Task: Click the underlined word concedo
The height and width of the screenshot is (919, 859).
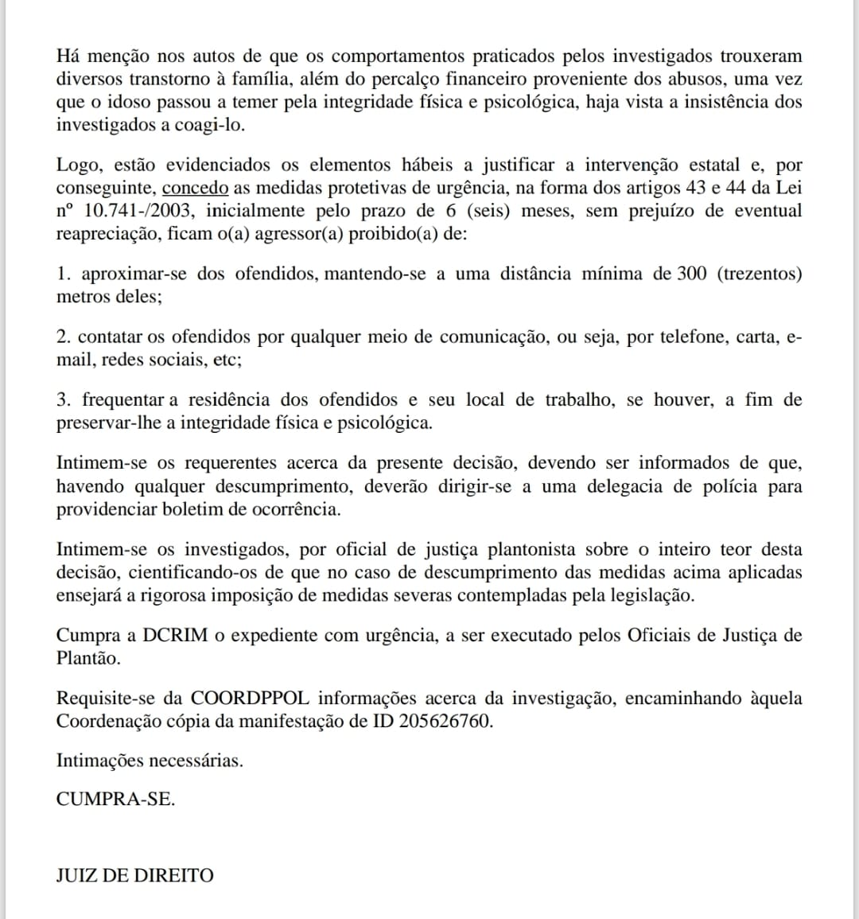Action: pos(195,189)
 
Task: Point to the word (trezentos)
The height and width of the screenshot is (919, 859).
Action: pos(760,275)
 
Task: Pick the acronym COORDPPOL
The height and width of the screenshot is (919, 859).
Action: pos(251,699)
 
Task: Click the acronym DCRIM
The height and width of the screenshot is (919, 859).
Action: pos(176,636)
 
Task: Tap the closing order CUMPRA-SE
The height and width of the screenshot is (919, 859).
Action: pos(115,800)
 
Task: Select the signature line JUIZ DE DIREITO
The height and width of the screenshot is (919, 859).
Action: pos(134,876)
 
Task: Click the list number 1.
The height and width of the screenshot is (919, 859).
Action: pos(63,275)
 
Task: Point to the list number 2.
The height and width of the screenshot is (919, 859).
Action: pos(63,337)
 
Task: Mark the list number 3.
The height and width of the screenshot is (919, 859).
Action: pos(63,400)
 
